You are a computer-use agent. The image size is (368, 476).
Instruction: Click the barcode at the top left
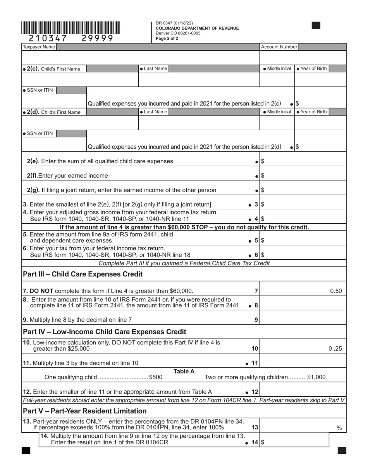coord(71,28)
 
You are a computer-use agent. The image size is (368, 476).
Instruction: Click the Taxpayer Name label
coord(39,47)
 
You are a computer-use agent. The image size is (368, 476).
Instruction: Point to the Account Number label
coord(279,47)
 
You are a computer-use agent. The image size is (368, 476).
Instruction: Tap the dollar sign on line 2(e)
coord(263,161)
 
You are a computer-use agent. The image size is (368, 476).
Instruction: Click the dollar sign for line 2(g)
coord(263,190)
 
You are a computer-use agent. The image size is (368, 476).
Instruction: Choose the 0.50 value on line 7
coord(335,291)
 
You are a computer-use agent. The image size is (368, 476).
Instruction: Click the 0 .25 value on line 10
coord(335,349)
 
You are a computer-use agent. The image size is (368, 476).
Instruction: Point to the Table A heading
coord(184,372)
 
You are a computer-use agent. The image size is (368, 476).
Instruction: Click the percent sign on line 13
coord(339,428)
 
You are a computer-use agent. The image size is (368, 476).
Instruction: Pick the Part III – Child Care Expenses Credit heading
coord(83,274)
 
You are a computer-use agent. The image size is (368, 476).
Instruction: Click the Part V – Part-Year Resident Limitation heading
coord(85,411)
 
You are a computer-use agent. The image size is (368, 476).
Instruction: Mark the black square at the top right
coord(316,26)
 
